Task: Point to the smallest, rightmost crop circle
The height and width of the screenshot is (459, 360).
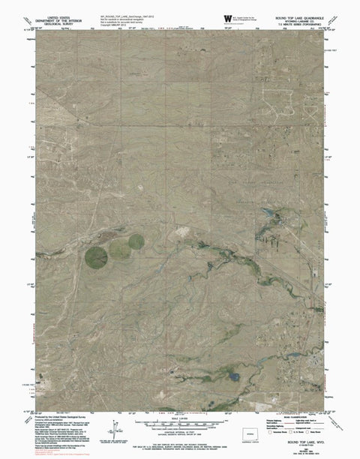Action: pyautogui.click(x=136, y=241)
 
